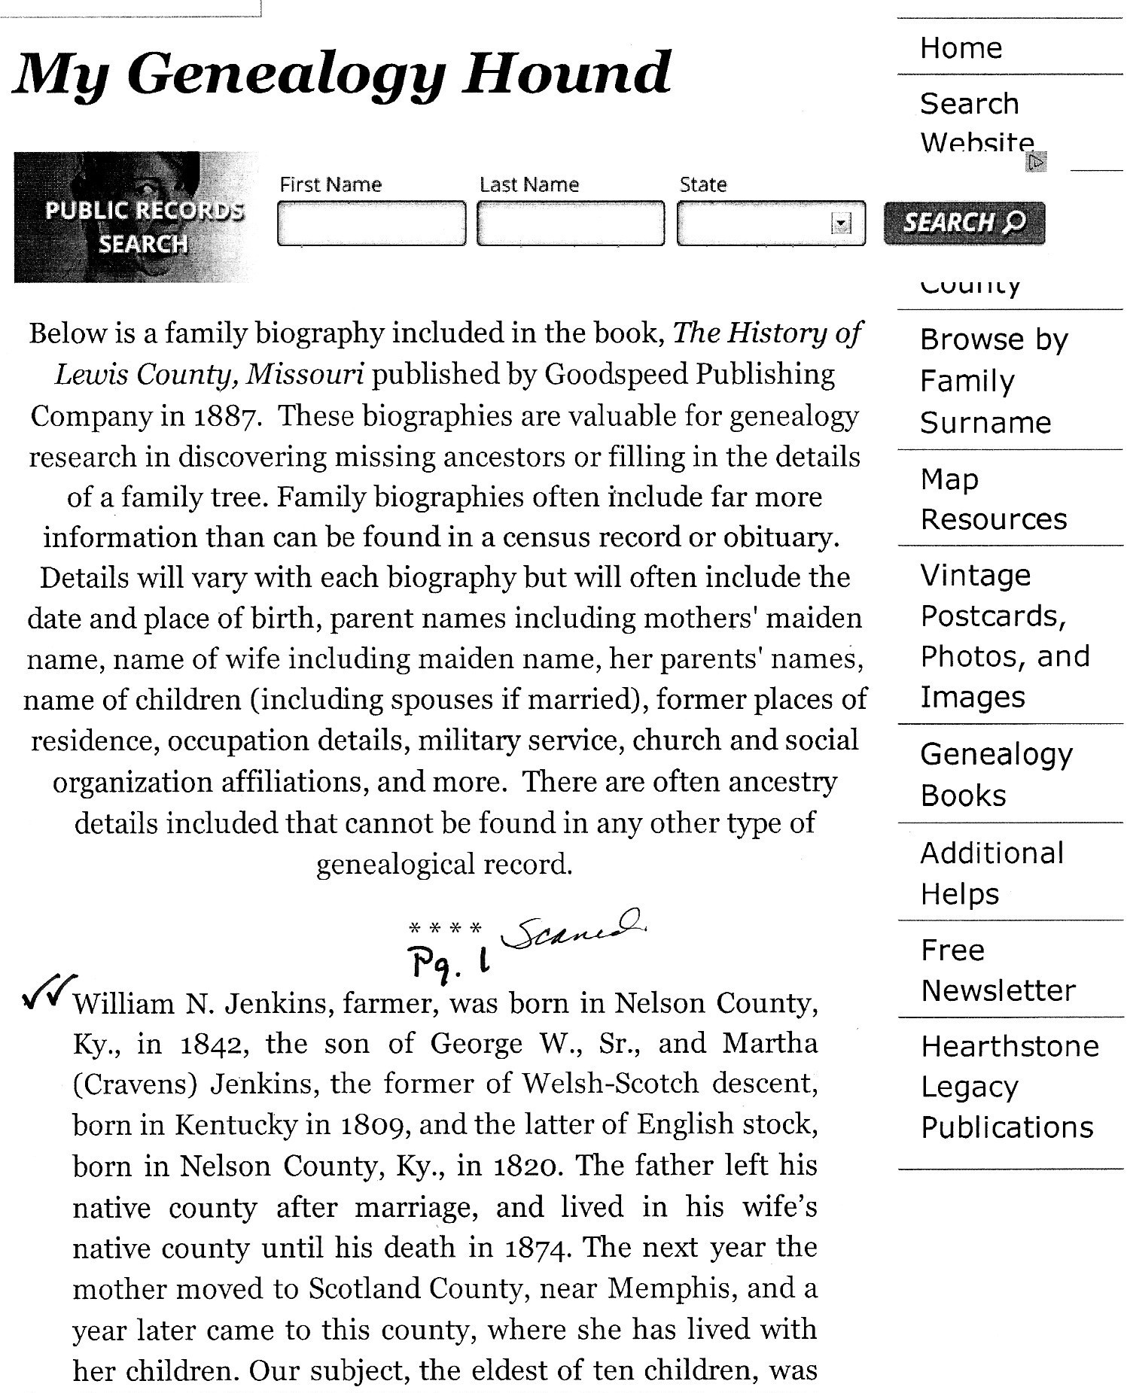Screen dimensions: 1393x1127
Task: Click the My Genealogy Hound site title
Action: coord(341,74)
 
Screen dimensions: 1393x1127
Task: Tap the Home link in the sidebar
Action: coord(961,48)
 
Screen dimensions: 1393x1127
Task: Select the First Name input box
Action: coord(371,223)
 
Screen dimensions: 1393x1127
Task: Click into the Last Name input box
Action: coord(571,223)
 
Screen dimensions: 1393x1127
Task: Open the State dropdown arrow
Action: coord(840,224)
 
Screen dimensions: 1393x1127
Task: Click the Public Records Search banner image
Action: coord(136,217)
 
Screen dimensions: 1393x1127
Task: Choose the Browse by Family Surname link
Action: coord(993,381)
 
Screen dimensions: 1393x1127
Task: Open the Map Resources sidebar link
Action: coord(993,499)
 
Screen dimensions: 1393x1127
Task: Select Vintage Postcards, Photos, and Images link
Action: coord(1004,636)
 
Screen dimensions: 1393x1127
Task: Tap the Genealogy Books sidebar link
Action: coord(995,774)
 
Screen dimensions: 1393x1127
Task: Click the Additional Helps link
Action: coord(991,873)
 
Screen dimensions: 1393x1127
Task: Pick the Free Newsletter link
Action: coord(998,970)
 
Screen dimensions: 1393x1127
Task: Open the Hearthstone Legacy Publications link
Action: coord(1009,1086)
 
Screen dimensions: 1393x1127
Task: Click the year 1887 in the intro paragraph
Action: coord(227,416)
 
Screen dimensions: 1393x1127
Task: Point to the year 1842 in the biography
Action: coord(211,1044)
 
